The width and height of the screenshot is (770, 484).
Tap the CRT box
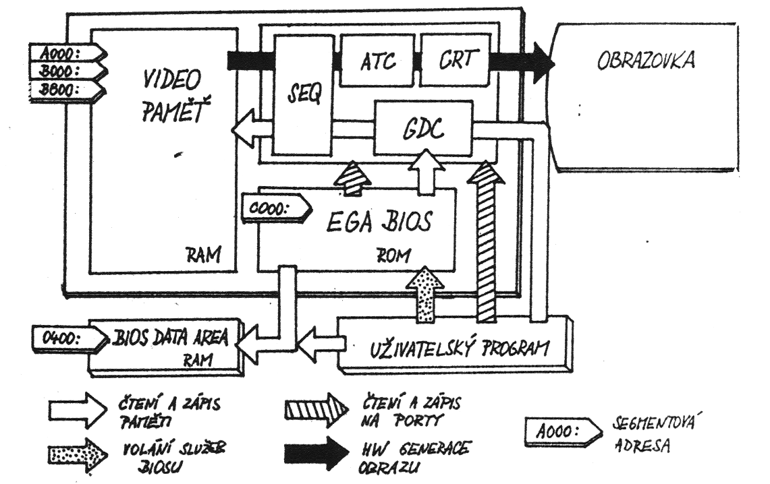point(453,63)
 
